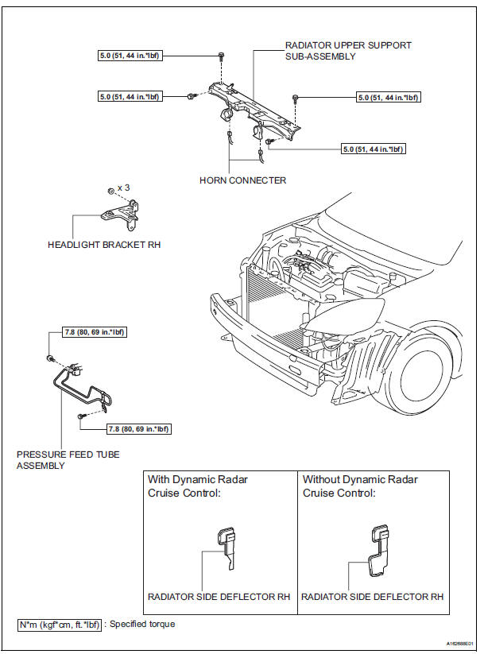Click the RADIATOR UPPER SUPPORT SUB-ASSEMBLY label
tap(348, 52)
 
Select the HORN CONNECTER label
tap(242, 180)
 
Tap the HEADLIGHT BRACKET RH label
tap(104, 245)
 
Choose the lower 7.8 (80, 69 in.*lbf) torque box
tap(139, 429)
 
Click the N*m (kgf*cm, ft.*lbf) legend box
tap(60, 624)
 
